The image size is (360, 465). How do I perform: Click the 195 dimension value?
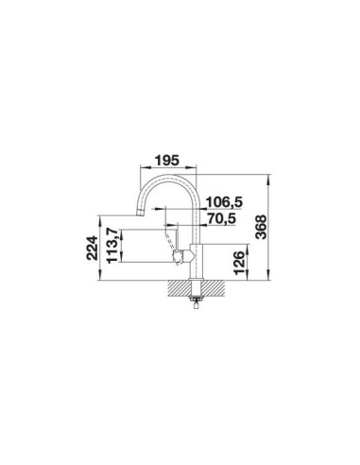(x=167, y=161)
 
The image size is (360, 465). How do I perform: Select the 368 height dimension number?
(x=261, y=227)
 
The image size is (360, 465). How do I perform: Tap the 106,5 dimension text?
(x=224, y=202)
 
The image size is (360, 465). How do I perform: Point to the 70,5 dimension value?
(x=222, y=218)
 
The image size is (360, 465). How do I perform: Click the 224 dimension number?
(x=92, y=248)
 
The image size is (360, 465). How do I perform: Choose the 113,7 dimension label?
(x=112, y=246)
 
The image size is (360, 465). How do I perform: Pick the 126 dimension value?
(x=240, y=263)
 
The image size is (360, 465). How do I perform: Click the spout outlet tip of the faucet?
(x=140, y=213)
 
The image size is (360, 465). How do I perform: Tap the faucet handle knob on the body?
(x=179, y=256)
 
